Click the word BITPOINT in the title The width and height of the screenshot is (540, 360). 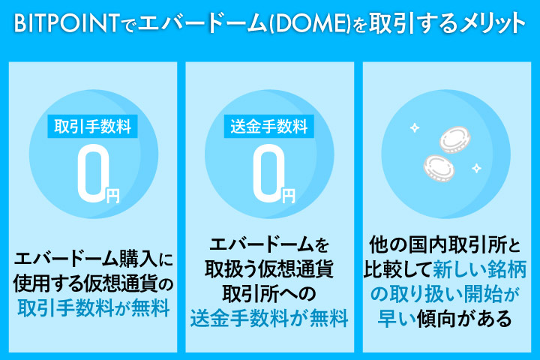click(60, 23)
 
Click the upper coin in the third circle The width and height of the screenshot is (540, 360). click(452, 138)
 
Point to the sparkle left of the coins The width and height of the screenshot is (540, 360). click(413, 127)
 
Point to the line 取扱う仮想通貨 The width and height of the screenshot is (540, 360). click(270, 269)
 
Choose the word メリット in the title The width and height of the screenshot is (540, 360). click(480, 23)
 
